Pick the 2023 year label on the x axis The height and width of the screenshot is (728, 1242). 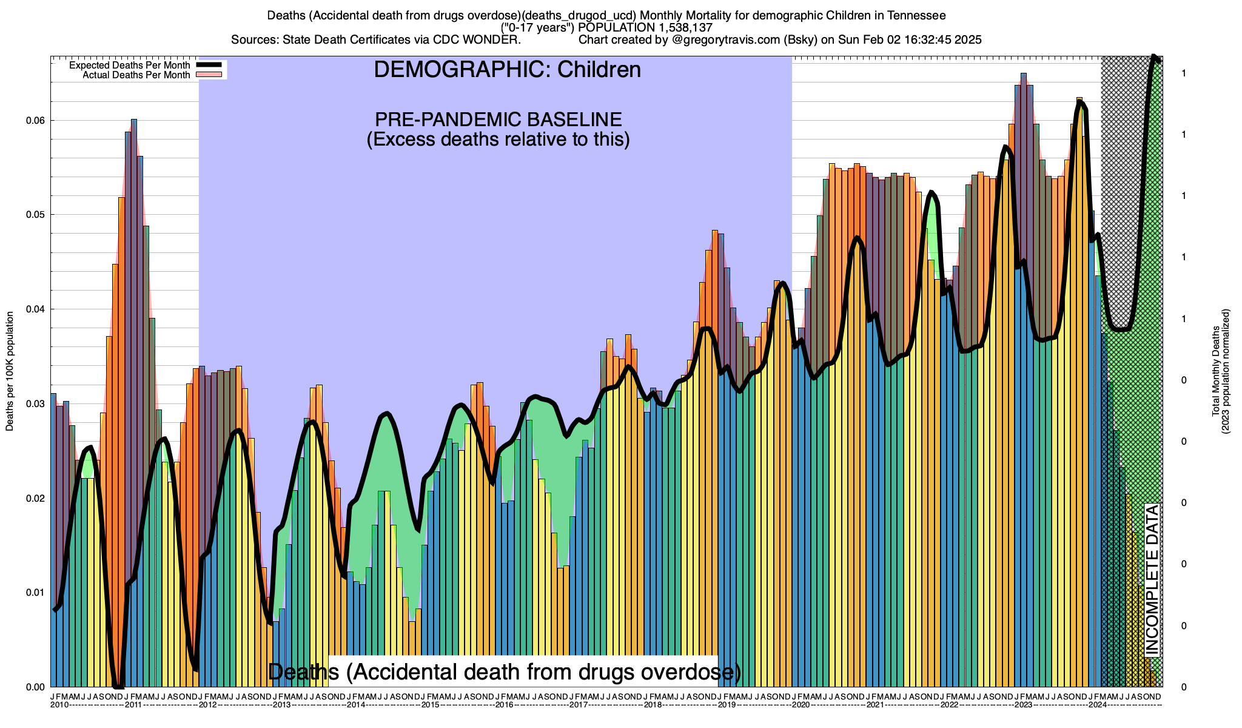[1024, 705]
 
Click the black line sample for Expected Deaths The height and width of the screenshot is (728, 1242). [209, 65]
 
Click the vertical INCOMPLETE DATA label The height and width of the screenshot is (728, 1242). [1152, 579]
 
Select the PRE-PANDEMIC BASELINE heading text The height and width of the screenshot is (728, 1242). [498, 119]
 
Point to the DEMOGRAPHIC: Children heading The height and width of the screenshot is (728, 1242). [507, 70]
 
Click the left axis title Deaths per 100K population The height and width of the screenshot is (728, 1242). [10, 371]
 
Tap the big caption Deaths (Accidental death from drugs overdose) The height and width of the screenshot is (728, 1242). [505, 672]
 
